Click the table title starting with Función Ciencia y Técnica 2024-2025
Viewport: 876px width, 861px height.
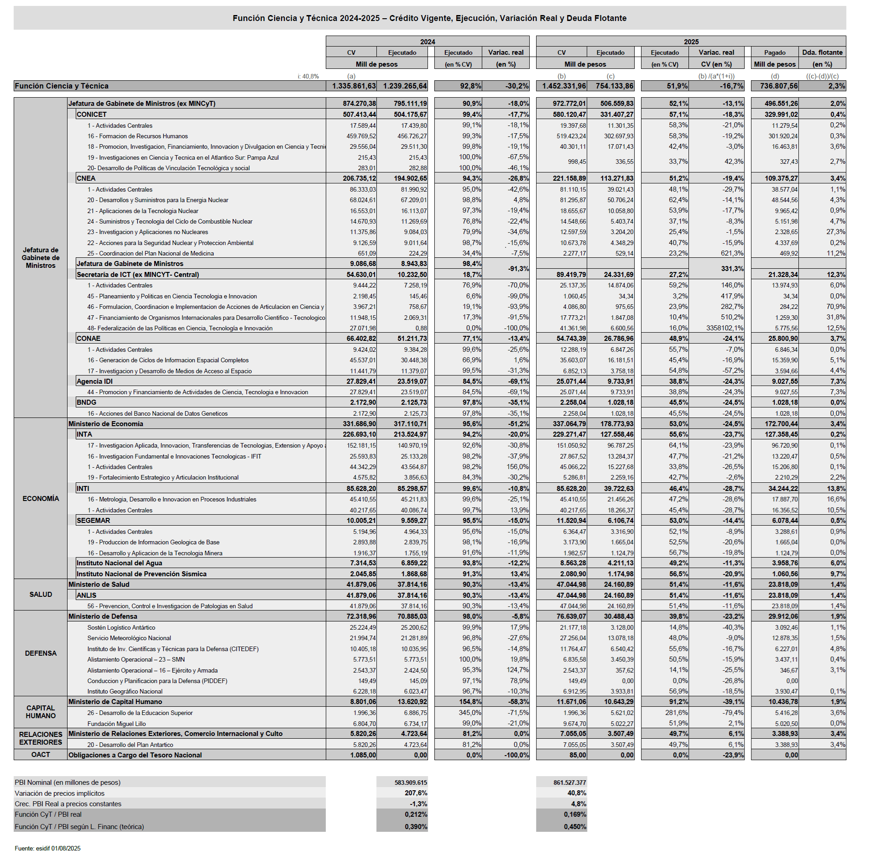(429, 18)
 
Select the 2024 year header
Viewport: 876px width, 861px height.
(427, 42)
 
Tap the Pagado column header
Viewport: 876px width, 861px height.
(775, 52)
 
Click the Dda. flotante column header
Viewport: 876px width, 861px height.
(822, 52)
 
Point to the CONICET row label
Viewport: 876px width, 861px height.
(92, 115)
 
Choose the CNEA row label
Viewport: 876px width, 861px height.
(86, 178)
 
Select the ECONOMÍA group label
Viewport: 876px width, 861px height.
(41, 499)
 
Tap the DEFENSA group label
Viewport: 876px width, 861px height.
(41, 653)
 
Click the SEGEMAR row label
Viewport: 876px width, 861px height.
(93, 521)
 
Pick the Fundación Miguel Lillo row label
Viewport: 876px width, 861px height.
(116, 724)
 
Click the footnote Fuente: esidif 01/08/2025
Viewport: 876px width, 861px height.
(47, 848)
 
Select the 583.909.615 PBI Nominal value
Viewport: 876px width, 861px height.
(411, 783)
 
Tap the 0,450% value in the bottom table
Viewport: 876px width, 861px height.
(574, 827)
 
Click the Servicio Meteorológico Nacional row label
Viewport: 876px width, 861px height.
(129, 638)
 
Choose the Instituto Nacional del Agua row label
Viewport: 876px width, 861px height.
(119, 563)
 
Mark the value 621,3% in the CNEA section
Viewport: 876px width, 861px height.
(732, 253)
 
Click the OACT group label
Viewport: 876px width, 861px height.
(41, 755)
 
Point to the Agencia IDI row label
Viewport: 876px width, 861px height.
(94, 381)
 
